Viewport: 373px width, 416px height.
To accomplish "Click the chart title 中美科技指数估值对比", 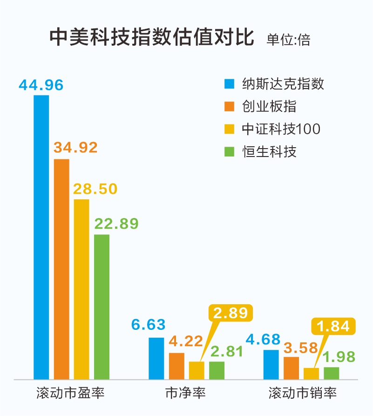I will [152, 37].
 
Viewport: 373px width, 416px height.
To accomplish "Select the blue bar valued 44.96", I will [41, 237].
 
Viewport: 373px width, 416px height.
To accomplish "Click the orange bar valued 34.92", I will [61, 269].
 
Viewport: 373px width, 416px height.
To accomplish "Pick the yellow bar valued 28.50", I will [81, 289].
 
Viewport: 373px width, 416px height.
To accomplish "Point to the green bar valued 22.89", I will [102, 307].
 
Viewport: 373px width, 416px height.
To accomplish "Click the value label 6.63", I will [148, 324].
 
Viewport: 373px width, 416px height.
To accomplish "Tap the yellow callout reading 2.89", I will [231, 313].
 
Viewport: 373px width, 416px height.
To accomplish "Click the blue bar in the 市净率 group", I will [156, 358].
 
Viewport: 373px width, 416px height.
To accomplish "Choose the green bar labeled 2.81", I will [217, 370].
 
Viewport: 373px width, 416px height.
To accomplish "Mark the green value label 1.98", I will [339, 357].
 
